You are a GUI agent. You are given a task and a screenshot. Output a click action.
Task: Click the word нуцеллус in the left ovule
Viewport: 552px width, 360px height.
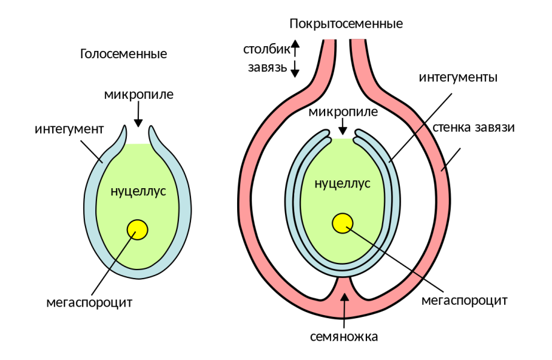138,191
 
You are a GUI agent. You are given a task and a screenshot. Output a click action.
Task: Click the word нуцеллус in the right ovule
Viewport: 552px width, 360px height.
342,183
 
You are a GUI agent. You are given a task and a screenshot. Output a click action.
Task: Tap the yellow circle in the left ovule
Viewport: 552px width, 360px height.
138,229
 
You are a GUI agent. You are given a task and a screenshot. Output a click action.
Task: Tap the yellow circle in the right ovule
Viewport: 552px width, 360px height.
343,223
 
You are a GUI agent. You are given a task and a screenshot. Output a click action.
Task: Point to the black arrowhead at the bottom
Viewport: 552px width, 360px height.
345,297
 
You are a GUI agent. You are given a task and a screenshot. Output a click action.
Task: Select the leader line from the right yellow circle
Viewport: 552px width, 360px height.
366,240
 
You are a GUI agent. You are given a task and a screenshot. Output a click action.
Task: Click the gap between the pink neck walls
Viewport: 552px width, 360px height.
343,61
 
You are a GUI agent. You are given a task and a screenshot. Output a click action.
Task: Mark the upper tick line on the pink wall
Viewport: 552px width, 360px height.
419,128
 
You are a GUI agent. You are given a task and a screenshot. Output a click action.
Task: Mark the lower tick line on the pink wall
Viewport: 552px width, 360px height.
417,275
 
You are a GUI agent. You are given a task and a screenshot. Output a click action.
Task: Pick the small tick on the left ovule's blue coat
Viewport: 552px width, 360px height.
101,161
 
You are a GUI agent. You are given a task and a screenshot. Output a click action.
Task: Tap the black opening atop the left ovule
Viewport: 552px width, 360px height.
138,137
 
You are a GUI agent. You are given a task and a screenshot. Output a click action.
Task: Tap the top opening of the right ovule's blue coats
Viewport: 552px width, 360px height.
343,135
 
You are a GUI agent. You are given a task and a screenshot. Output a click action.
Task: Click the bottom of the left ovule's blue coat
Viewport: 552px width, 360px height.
139,274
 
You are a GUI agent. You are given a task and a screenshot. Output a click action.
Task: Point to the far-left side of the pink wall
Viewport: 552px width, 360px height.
245,200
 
